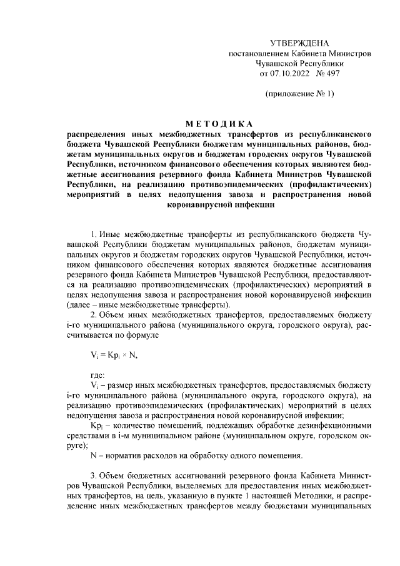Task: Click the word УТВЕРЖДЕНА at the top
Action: [x=299, y=43]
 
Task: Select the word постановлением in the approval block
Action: [x=259, y=53]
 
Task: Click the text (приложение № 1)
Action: [x=299, y=94]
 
